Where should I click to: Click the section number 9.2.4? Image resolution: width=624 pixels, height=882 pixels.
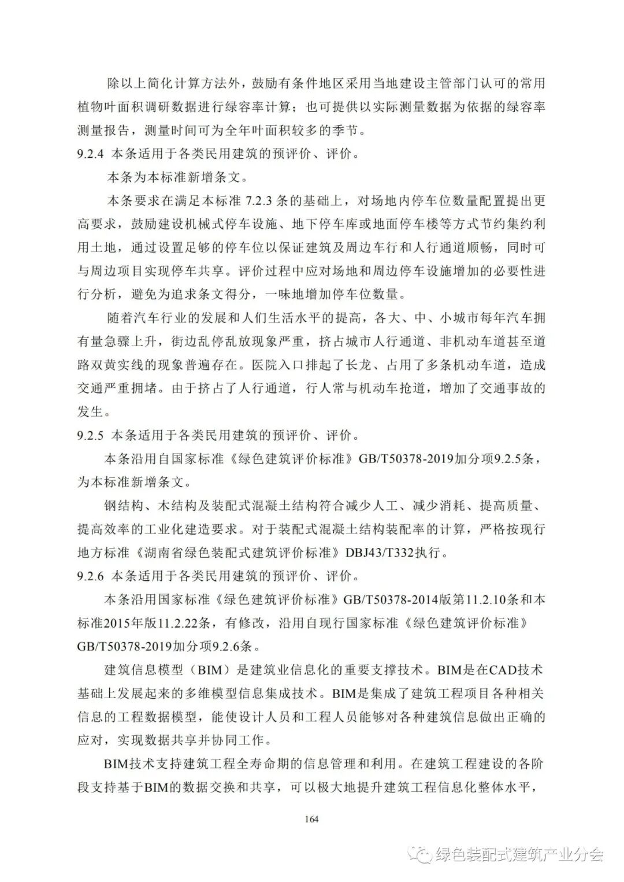point(90,154)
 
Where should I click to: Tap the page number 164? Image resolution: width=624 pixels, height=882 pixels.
point(311,818)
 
